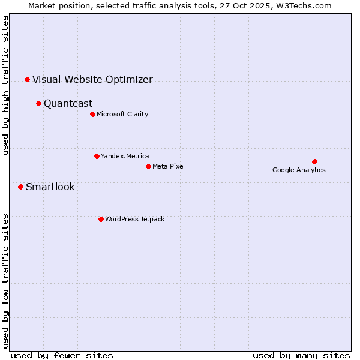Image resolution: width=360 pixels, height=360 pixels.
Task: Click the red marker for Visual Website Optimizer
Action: click(x=27, y=79)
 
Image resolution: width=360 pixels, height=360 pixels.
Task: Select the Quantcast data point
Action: click(x=38, y=103)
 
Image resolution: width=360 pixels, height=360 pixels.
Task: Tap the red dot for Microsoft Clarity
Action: click(x=92, y=114)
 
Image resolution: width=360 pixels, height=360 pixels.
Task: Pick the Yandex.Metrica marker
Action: click(x=97, y=156)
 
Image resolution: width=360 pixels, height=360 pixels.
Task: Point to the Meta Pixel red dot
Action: click(x=148, y=166)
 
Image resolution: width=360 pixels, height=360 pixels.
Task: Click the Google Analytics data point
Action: click(x=314, y=161)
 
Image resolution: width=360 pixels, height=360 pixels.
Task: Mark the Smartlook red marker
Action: click(x=20, y=187)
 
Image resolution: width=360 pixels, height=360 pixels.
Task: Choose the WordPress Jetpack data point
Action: click(x=101, y=219)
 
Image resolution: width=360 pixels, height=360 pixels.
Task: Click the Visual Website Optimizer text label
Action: click(x=92, y=79)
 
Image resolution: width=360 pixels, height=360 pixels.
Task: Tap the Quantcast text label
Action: click(x=68, y=103)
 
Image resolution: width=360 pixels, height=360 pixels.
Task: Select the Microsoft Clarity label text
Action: click(x=122, y=114)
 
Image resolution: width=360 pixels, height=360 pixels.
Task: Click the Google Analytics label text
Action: click(x=299, y=170)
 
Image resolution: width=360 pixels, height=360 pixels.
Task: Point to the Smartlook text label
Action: click(x=50, y=187)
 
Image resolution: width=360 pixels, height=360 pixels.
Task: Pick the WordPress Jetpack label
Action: click(x=134, y=219)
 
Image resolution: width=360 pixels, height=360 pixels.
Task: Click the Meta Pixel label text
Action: click(x=169, y=166)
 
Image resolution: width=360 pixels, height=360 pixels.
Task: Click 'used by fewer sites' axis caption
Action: click(x=62, y=355)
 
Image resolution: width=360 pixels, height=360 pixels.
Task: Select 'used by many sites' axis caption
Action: click(x=301, y=355)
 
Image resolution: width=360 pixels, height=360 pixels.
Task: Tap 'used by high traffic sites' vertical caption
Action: click(x=5, y=85)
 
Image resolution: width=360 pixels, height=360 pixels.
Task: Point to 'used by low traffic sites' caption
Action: click(x=5, y=280)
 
